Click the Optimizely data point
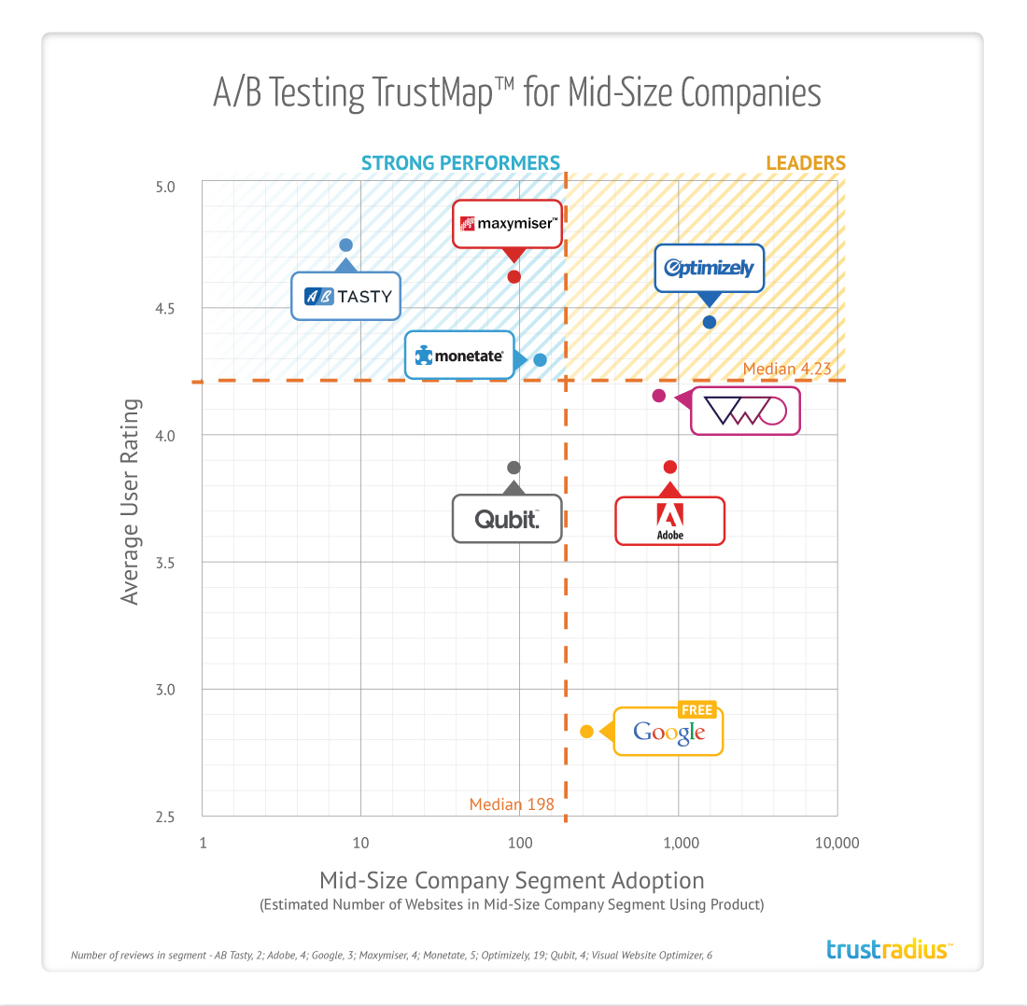(710, 322)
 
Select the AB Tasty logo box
(346, 297)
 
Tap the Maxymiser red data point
(513, 276)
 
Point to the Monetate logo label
(459, 356)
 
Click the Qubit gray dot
(513, 468)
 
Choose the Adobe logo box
(669, 521)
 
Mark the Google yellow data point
(586, 732)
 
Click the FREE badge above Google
(696, 710)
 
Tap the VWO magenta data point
(658, 396)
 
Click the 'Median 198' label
(512, 804)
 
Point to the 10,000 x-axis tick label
(837, 844)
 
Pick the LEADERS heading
(806, 163)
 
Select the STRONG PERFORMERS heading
(461, 163)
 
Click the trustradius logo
(889, 950)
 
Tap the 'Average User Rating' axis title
(131, 502)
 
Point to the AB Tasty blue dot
(345, 245)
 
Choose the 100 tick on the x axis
(519, 844)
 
